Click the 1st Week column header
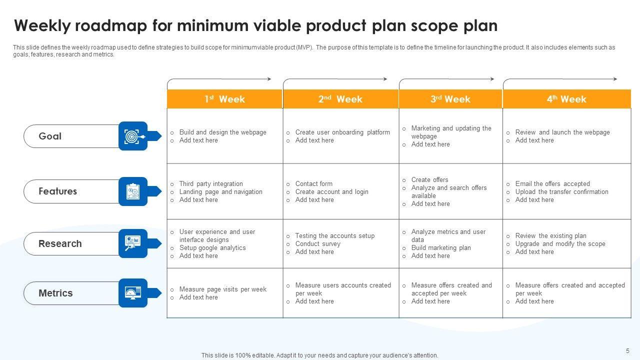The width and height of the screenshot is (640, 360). tap(224, 99)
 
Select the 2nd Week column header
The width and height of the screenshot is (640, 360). tap(340, 99)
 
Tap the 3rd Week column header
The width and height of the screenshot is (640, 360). tap(450, 99)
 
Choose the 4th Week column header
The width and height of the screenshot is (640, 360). tap(566, 99)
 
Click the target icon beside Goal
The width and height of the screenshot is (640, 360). tap(133, 136)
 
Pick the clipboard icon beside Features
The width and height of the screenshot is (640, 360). tap(133, 191)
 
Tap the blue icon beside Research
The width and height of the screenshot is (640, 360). tap(133, 243)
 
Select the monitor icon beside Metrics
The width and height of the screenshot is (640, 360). tap(133, 293)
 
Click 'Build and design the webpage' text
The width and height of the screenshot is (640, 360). tap(222, 132)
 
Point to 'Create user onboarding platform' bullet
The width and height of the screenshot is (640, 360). tap(342, 132)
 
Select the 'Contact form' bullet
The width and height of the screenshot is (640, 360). tap(313, 184)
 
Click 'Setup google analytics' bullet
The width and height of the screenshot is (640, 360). tap(212, 248)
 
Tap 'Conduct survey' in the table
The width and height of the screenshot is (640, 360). tap(317, 244)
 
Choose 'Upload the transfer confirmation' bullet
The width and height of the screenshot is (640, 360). tap(561, 192)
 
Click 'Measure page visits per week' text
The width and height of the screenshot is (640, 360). tap(222, 289)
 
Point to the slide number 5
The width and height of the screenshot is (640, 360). tap(627, 351)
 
